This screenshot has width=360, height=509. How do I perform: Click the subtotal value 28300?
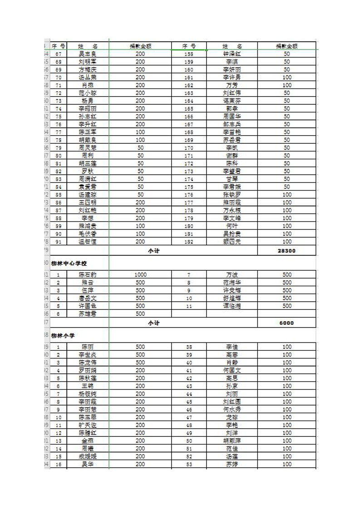[x=287, y=250]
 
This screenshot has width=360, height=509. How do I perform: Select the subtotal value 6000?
[x=287, y=323]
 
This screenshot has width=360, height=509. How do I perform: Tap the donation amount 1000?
[x=140, y=275]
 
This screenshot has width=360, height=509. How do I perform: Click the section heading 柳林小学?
[x=63, y=336]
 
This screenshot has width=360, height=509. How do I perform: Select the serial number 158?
[x=189, y=54]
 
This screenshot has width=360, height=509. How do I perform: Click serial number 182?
[x=189, y=242]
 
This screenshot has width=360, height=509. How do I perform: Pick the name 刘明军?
[x=88, y=62]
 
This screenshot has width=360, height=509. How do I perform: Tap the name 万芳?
[x=232, y=85]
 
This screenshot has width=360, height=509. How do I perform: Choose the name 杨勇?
[x=88, y=101]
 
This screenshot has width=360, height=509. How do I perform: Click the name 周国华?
[x=232, y=117]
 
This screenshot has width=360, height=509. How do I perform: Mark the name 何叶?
[x=232, y=226]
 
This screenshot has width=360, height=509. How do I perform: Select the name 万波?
[x=232, y=275]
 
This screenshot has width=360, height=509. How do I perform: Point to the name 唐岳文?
[x=88, y=298]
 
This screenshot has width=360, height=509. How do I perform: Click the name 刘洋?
[x=232, y=433]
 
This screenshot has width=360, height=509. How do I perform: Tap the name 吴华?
[x=88, y=464]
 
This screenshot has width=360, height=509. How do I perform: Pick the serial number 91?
[x=58, y=242]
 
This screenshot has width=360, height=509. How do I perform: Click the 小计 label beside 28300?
[x=154, y=250]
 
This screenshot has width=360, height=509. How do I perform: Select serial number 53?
[x=189, y=464]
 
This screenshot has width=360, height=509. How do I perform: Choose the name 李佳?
[x=232, y=347]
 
